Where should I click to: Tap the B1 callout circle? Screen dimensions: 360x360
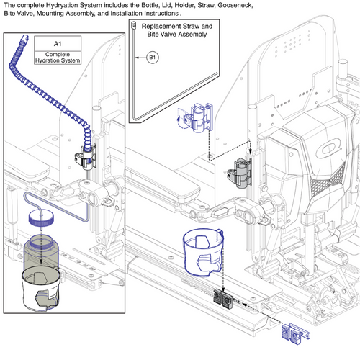click(x=152, y=56)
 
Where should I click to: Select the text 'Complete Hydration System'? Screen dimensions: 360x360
click(x=58, y=58)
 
